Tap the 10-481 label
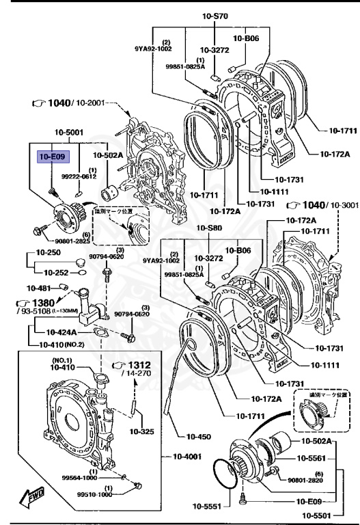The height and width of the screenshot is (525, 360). click(x=38, y=288)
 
